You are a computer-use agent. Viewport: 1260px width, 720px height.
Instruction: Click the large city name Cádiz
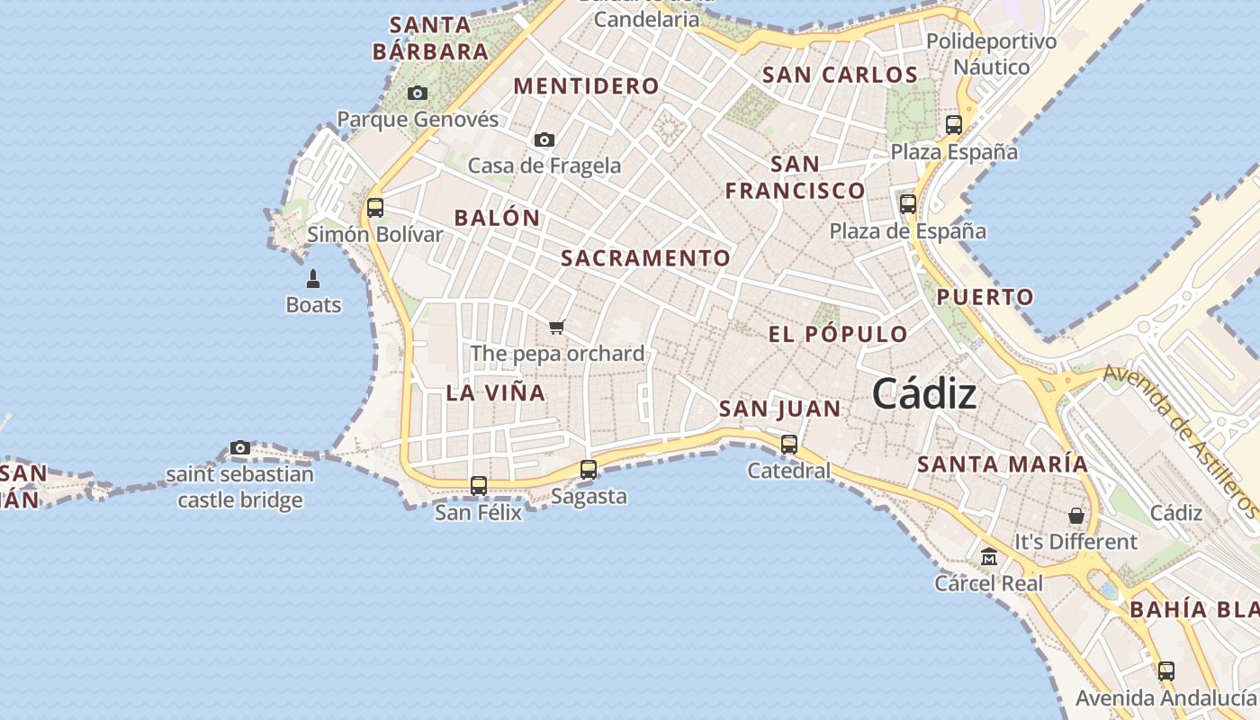click(924, 394)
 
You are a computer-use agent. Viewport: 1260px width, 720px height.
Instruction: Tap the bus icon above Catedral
click(789, 444)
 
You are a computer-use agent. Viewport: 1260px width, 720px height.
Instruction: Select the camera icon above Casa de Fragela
click(544, 139)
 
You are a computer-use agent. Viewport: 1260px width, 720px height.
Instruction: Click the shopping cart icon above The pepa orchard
click(557, 327)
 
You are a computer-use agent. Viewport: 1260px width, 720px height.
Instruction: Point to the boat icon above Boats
click(313, 278)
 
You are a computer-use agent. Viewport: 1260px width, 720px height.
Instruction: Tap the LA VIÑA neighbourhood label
click(496, 392)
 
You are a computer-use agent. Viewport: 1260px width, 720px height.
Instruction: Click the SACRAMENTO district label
click(645, 258)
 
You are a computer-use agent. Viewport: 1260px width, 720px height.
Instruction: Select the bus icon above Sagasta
click(589, 469)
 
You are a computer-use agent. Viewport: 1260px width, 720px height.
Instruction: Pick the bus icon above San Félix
click(479, 486)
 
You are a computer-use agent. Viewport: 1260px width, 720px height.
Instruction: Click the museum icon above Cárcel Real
click(989, 557)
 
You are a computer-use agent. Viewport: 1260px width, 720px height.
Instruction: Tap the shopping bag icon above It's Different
click(1076, 516)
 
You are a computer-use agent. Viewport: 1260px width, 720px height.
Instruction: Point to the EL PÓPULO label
click(838, 334)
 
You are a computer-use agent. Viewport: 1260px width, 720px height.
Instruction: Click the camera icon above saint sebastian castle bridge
click(240, 447)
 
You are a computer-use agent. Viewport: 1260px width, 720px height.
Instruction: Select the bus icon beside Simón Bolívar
click(375, 208)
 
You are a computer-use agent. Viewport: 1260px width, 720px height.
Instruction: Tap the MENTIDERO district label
click(586, 86)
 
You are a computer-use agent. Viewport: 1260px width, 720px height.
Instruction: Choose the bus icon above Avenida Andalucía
click(1166, 670)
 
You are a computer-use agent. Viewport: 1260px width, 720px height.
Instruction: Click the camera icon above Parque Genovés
click(418, 93)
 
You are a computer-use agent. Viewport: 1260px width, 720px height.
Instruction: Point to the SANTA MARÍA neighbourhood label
click(1002, 464)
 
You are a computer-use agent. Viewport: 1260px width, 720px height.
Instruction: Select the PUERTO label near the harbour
click(985, 297)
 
